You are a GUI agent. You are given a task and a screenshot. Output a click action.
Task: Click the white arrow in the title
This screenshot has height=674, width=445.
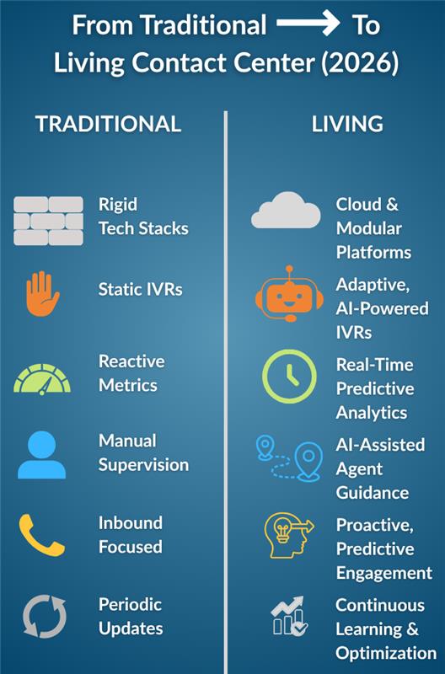tap(308, 23)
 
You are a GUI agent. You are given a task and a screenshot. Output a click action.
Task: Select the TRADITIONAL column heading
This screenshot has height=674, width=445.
tap(108, 124)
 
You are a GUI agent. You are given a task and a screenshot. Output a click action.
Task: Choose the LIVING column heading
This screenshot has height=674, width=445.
tap(347, 124)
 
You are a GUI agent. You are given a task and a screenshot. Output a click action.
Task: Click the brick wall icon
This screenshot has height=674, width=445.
tap(48, 221)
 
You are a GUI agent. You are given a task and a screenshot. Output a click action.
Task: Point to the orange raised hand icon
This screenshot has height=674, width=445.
tap(42, 294)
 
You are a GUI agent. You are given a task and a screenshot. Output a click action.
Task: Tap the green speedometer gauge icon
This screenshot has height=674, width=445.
tap(42, 379)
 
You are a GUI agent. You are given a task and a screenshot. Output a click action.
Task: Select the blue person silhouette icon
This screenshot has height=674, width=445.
tap(41, 455)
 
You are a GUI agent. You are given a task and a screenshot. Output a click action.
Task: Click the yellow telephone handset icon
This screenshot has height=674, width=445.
tap(41, 535)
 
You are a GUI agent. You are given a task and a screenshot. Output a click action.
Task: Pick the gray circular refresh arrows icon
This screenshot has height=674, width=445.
tap(45, 616)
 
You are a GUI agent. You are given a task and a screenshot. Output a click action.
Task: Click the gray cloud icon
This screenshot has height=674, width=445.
tap(286, 210)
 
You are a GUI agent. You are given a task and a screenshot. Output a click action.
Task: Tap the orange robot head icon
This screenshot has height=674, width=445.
tap(289, 294)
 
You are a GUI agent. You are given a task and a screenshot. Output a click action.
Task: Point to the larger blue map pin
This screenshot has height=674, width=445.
tap(308, 461)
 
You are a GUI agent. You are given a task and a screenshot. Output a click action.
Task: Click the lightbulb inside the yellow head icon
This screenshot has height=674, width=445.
tap(282, 528)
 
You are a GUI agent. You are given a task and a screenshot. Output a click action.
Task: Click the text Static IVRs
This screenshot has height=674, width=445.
tap(140, 289)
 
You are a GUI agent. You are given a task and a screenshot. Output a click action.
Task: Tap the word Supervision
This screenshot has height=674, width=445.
tap(143, 465)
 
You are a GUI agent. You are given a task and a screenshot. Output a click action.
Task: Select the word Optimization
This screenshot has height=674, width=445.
tap(386, 654)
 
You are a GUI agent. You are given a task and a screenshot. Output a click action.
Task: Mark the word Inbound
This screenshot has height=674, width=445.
tap(131, 523)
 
